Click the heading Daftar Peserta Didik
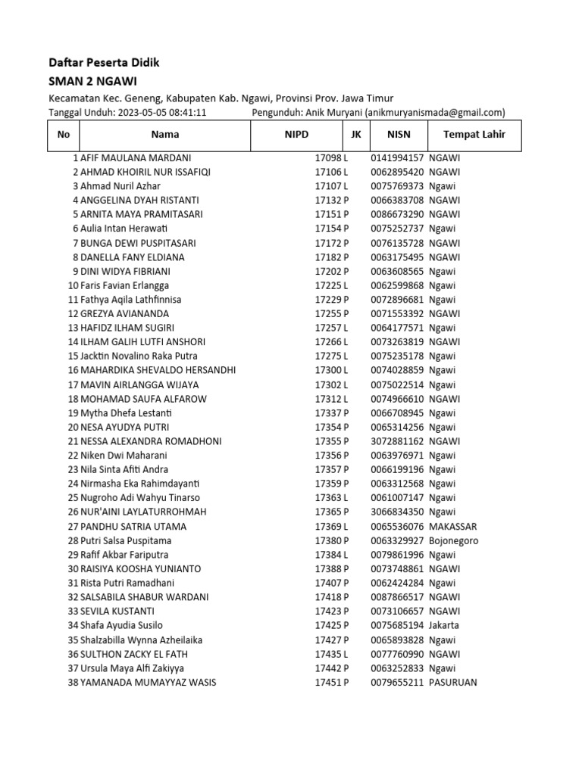pos(104,63)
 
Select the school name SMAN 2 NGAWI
pos(92,81)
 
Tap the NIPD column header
pos(296,135)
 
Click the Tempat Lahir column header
pos(474,135)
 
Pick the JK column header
pos(355,135)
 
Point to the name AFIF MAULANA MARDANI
pos(136,158)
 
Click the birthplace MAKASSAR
pos(452,527)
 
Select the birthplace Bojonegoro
pos(453,541)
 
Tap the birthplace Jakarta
pos(444,626)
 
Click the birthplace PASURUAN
pos(452,683)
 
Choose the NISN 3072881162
pos(397,441)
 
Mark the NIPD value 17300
pos(329,371)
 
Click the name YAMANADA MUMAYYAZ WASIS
pos(148,683)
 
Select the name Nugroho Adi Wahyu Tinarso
pos(140,498)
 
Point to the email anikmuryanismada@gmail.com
pos(435,113)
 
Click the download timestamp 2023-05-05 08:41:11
pos(161,113)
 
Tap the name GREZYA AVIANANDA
pos(124,314)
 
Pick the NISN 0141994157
pos(397,158)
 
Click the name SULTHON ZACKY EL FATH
pos(134,654)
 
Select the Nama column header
pos(165,135)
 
